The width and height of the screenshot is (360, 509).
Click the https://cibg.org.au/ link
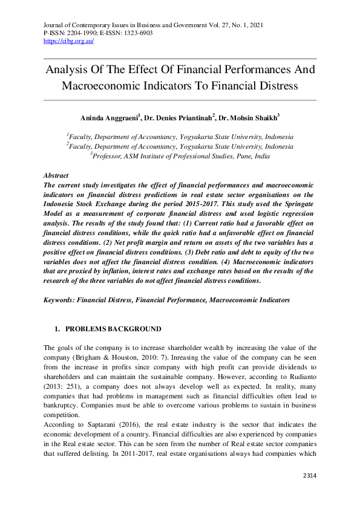pos(68,41)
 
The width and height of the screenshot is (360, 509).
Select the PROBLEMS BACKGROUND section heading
pos(113,329)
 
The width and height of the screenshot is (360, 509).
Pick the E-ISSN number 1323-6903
pos(135,33)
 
